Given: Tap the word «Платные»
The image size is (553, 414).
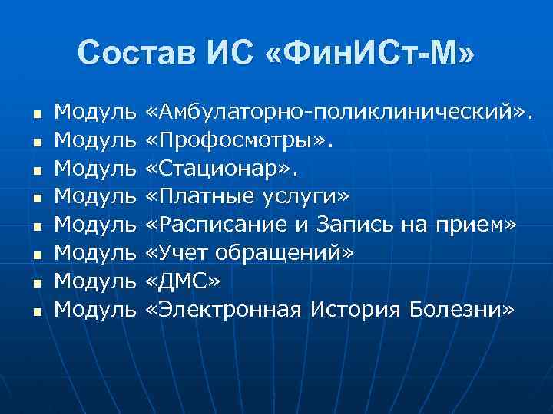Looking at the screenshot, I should pyautogui.click(x=204, y=197).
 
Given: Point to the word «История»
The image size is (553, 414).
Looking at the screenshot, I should pyautogui.click(x=357, y=309).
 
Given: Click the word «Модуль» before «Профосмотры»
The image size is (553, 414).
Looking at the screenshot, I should pyautogui.click(x=95, y=142).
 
